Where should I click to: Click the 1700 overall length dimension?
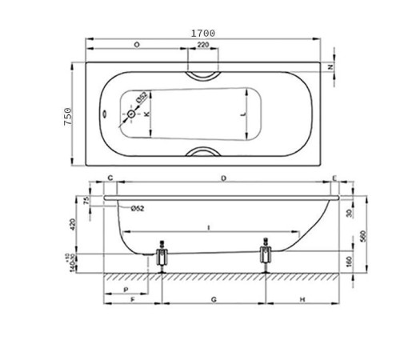(x=202, y=33)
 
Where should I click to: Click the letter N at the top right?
(x=331, y=67)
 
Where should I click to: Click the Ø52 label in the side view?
(x=137, y=209)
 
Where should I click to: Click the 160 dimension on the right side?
(x=350, y=261)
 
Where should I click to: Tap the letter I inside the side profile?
(x=209, y=228)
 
